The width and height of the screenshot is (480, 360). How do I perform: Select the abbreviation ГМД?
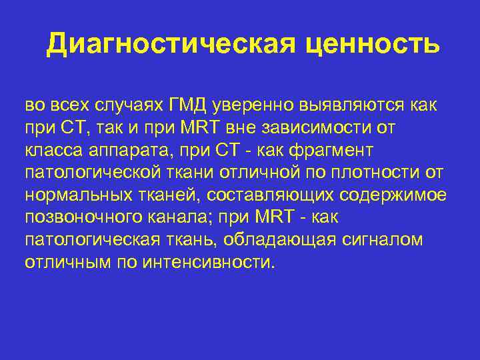tap(188, 105)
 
